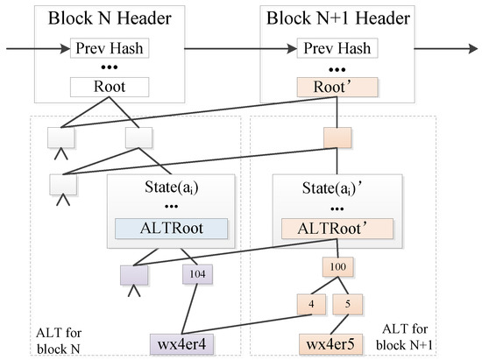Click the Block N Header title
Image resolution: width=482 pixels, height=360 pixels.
coord(110,18)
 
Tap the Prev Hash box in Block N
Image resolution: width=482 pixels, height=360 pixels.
coord(110,49)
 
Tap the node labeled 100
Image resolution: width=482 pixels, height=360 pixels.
coord(337,265)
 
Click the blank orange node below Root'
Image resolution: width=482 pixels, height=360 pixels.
coord(337,138)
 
